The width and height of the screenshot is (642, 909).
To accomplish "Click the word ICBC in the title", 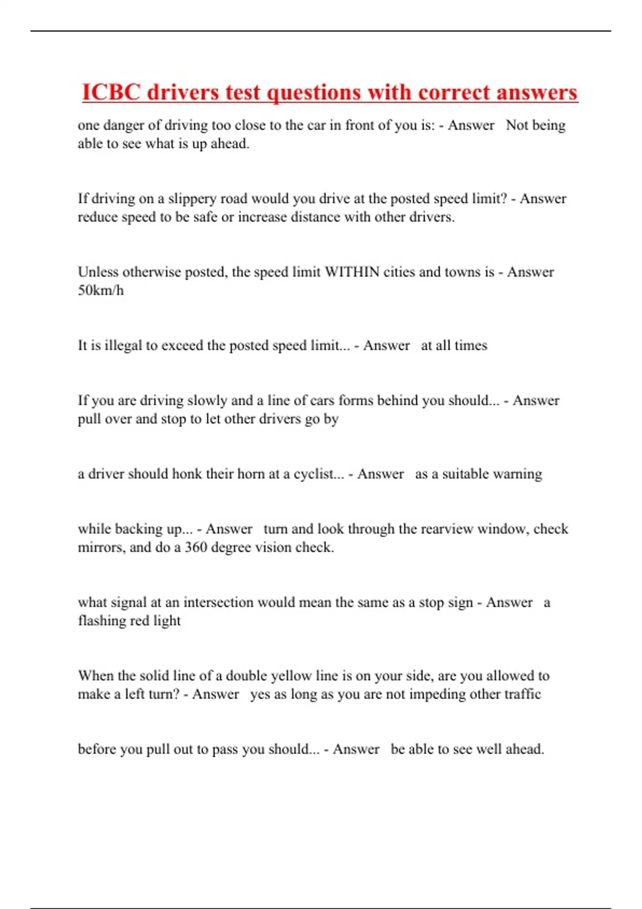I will coord(111,93).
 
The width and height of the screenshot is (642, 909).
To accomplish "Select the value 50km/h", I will coord(101,290).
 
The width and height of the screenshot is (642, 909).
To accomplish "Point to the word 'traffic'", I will coord(519,694).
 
